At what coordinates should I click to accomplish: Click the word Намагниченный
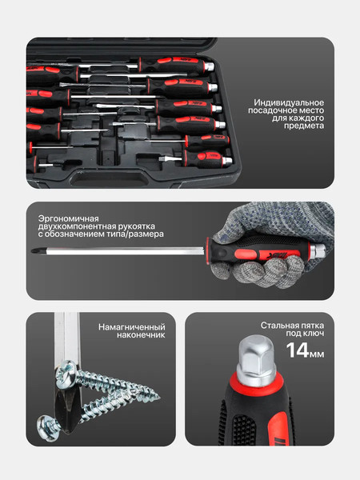tap(131, 327)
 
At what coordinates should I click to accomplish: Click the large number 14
tap(298, 350)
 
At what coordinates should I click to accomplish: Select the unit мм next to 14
tap(318, 354)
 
